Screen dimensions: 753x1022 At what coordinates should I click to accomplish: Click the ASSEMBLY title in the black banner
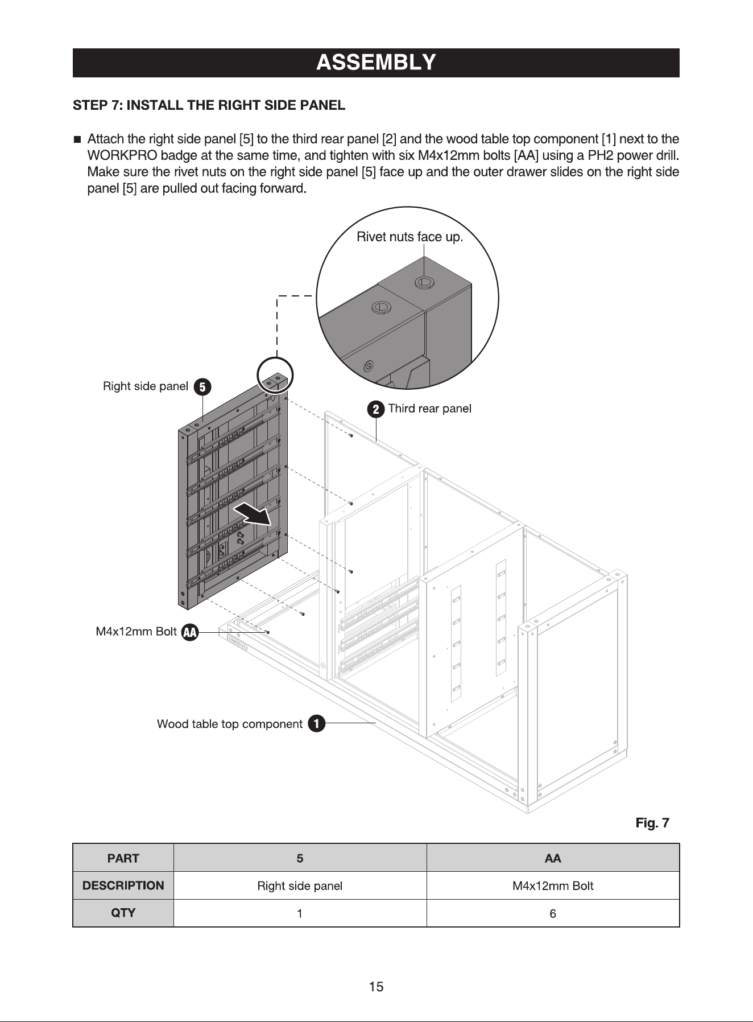[376, 62]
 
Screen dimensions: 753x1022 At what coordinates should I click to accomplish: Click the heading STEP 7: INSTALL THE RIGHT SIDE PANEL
[209, 105]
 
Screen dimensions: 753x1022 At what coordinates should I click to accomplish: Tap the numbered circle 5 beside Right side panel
[202, 387]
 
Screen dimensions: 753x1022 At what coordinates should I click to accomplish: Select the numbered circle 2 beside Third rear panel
[375, 409]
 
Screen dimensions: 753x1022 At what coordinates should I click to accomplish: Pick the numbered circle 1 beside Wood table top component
[316, 724]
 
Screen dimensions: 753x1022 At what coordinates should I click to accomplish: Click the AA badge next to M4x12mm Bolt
[190, 632]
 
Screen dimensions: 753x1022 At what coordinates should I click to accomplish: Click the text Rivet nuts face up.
[409, 237]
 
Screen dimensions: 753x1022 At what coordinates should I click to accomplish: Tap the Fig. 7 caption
[652, 823]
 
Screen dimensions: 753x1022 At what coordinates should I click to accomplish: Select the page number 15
[376, 987]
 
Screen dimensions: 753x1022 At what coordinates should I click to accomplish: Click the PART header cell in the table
[123, 858]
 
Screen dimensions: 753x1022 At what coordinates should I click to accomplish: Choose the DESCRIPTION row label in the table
[123, 885]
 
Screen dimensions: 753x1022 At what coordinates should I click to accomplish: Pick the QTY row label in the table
[123, 913]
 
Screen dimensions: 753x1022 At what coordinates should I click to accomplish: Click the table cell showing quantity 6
[553, 914]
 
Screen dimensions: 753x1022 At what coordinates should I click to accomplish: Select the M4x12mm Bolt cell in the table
[553, 886]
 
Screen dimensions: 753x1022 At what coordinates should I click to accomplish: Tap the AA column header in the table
[553, 858]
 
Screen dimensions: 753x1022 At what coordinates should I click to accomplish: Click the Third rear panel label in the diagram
[429, 409]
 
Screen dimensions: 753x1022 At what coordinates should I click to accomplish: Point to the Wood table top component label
[230, 724]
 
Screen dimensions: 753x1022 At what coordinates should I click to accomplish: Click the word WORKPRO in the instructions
[122, 156]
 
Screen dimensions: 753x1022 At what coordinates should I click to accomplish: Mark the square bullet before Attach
[77, 139]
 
